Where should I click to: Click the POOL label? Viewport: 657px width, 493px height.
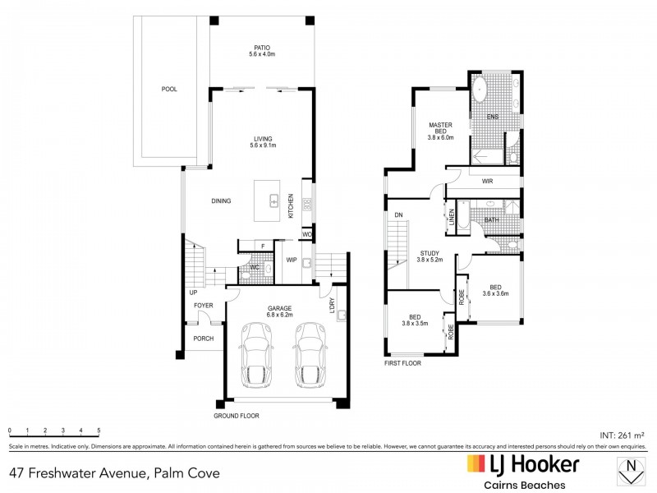coord(169,89)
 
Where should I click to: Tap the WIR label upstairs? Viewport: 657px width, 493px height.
coord(487,180)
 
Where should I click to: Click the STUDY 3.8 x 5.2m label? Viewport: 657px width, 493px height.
coord(429,256)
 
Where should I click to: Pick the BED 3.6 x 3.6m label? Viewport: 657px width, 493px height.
coord(495,288)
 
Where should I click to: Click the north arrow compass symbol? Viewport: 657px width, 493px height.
coord(630,472)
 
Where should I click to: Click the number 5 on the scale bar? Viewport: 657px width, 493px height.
coord(99,431)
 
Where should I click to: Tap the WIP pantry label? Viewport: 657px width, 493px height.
coord(291,260)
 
